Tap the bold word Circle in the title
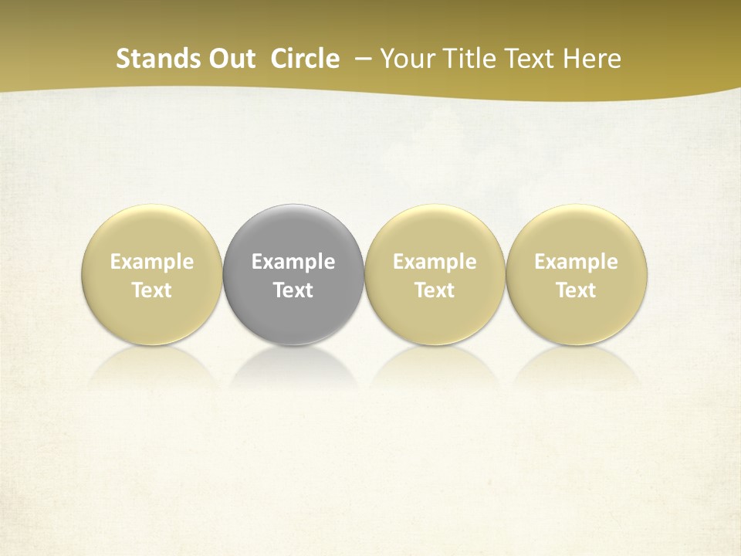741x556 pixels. click(305, 59)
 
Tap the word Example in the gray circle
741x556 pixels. click(293, 262)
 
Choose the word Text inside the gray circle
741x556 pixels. click(293, 290)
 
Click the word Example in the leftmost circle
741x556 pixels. click(151, 262)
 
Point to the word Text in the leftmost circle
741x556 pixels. click(151, 290)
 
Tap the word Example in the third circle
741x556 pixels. click(435, 262)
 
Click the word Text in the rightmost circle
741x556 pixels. click(577, 290)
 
